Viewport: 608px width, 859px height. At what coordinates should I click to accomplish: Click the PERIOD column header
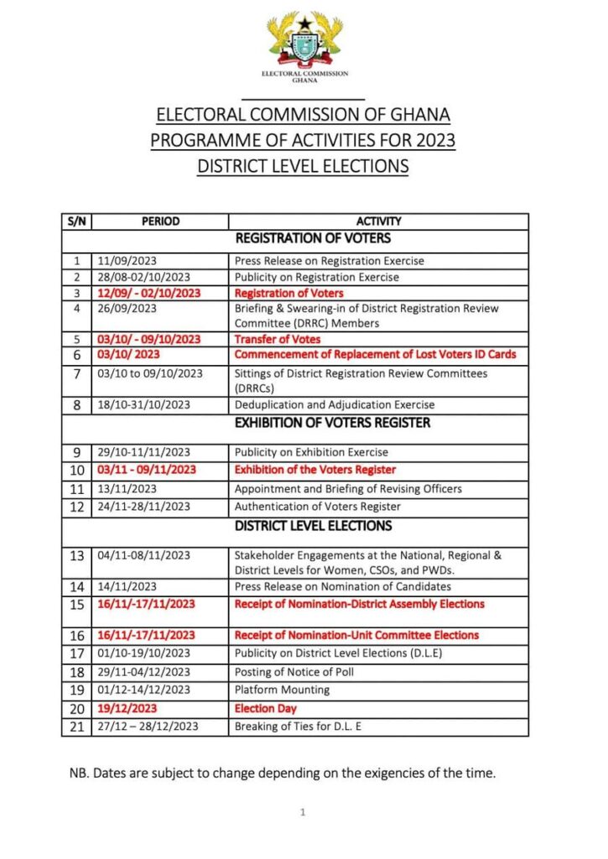pos(160,221)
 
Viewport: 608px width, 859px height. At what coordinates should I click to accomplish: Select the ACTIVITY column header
pos(378,221)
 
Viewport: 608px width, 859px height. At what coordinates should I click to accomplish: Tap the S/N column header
pos(77,221)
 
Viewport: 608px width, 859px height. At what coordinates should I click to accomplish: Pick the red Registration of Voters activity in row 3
pos(288,293)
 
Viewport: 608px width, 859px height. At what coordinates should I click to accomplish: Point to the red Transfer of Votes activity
pos(278,339)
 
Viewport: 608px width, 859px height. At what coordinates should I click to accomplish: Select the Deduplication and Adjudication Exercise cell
pos(334,404)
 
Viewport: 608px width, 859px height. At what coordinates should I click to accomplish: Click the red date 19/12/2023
pos(127,709)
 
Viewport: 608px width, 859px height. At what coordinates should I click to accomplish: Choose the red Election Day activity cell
pos(265,709)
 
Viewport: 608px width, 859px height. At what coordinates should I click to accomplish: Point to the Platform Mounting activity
pos(282,690)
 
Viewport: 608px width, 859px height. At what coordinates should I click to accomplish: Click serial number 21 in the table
pos(77,726)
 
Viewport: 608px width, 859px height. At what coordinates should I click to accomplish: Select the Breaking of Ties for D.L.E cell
pos(298,726)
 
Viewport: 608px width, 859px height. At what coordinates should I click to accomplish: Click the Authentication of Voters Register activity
pos(317,506)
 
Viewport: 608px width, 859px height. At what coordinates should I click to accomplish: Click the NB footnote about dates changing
pos(283,773)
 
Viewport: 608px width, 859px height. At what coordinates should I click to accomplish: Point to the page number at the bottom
pos(303,812)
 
